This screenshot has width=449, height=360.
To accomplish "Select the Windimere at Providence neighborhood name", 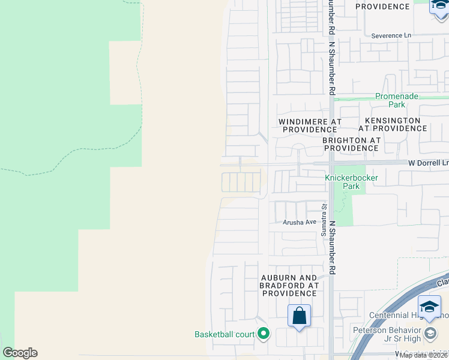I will pyautogui.click(x=310, y=125).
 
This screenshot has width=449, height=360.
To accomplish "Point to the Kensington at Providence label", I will pyautogui.click(x=393, y=124).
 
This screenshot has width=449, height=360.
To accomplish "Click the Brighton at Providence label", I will pyautogui.click(x=351, y=144).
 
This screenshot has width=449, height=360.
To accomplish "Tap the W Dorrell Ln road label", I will pyautogui.click(x=429, y=163).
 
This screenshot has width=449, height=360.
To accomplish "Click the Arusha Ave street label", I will pyautogui.click(x=300, y=222).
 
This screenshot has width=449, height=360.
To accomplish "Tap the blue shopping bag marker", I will pyautogui.click(x=299, y=316).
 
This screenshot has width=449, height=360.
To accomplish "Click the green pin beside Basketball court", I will pyautogui.click(x=263, y=334).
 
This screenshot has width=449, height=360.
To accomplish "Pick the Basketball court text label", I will pyautogui.click(x=224, y=334).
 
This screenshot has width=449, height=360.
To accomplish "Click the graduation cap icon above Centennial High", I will pyautogui.click(x=429, y=307).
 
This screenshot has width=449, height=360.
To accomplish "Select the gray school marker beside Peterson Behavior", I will pyautogui.click(x=430, y=332).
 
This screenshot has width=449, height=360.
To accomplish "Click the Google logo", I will pyautogui.click(x=20, y=353).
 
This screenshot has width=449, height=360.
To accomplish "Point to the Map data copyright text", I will pyautogui.click(x=424, y=355).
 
